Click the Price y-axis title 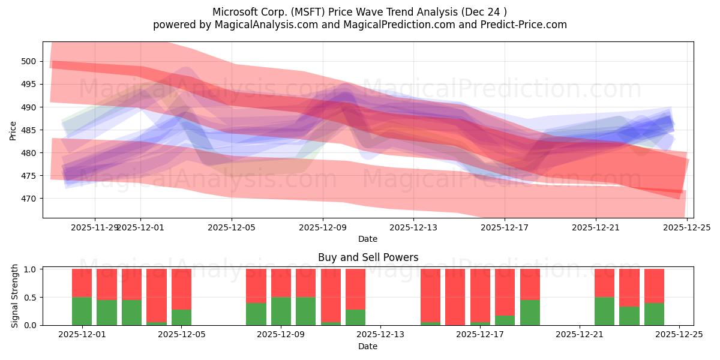pos(13,130)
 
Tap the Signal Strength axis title pos(15,296)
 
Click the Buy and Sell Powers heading pos(368,257)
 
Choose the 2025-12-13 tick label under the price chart pos(413,227)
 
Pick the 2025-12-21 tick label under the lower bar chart pos(580,335)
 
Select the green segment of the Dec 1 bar pos(82,311)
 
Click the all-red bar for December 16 pos(455,297)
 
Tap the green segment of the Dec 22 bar pos(604,311)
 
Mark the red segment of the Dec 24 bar pos(654,286)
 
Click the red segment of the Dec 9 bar pos(281,283)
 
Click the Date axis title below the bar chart pos(368,346)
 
